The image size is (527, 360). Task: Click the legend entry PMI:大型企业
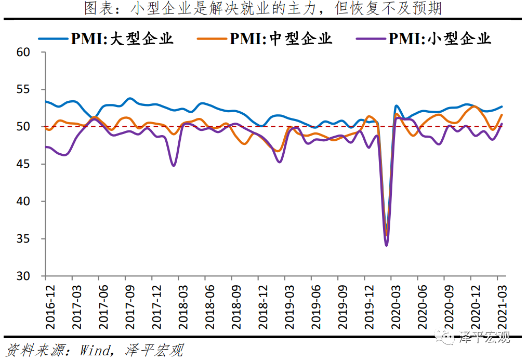pos(122,38)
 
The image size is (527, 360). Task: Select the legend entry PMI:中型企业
pos(281,38)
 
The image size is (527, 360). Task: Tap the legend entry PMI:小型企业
pos(439,38)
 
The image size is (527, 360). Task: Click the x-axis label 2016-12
pos(50,307)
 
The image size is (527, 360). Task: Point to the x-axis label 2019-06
pos(315,307)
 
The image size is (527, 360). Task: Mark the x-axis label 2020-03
pos(395,307)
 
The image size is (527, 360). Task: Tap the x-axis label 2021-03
pos(501,307)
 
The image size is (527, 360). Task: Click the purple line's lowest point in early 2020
pos(386,245)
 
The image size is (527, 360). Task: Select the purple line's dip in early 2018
pos(174,165)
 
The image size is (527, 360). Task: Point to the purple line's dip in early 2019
pos(280,162)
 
